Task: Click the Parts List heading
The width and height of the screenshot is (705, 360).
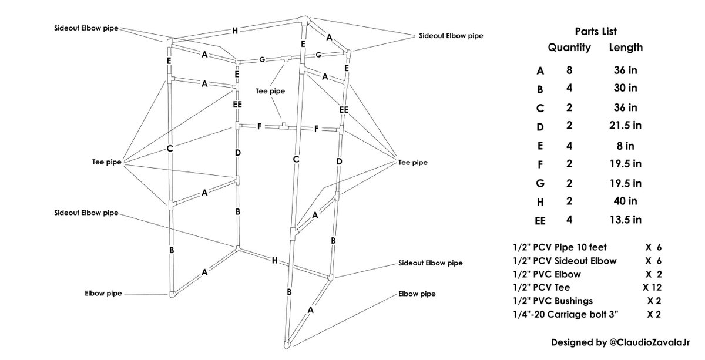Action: tap(596, 32)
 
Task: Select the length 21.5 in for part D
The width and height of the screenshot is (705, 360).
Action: tap(625, 125)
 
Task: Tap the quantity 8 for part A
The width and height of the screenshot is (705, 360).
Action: tap(569, 70)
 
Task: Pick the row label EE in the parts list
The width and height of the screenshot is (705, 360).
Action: tap(540, 221)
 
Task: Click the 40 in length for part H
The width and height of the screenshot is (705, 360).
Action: tap(625, 201)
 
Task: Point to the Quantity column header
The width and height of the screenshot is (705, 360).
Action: tap(569, 48)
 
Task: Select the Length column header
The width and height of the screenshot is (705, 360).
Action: tap(626, 48)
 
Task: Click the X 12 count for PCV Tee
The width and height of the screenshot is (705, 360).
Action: tap(652, 287)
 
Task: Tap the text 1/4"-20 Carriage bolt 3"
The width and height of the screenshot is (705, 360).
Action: tap(566, 314)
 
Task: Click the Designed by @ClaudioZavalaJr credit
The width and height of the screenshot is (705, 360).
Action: tap(620, 342)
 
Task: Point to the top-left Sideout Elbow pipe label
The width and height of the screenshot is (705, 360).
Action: tap(86, 28)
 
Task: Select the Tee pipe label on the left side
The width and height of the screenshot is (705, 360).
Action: tap(107, 162)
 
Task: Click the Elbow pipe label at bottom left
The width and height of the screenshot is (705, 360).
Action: tap(103, 293)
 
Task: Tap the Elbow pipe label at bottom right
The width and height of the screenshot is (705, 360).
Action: tap(417, 294)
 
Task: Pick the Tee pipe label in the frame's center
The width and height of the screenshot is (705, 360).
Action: tap(270, 91)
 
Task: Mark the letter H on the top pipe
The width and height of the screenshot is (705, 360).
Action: tap(235, 31)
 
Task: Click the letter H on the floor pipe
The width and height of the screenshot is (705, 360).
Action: tap(275, 261)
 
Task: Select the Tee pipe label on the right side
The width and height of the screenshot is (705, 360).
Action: tap(413, 163)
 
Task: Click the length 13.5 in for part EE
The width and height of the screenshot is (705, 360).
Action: tap(625, 220)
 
